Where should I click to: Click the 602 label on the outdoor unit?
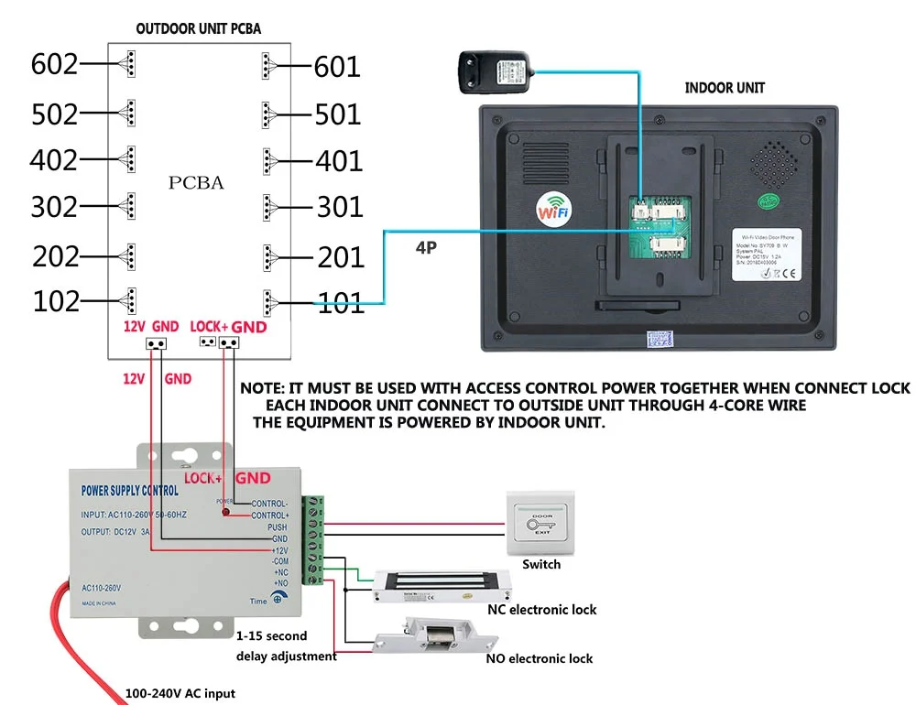pyautogui.click(x=54, y=64)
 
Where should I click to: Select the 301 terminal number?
pyautogui.click(x=340, y=207)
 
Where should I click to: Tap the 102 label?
pyautogui.click(x=56, y=301)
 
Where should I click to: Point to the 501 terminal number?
pyautogui.click(x=338, y=114)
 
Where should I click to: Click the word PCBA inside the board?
pyautogui.click(x=195, y=183)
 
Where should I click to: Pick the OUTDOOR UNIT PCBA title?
pyautogui.click(x=199, y=28)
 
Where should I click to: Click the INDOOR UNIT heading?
pyautogui.click(x=724, y=88)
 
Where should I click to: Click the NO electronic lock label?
pyautogui.click(x=539, y=658)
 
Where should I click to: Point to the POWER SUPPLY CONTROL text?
pyautogui.click(x=130, y=491)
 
